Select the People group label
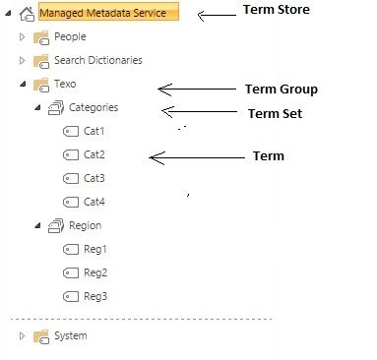[x=70, y=37]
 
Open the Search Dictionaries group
[x=97, y=61]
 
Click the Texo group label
[x=65, y=85]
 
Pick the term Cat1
[x=94, y=132]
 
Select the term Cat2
[x=94, y=155]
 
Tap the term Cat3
[x=94, y=179]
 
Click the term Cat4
[x=94, y=203]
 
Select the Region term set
[x=85, y=226]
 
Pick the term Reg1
[x=94, y=250]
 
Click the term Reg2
[x=94, y=273]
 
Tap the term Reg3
[x=94, y=297]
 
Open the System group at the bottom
[x=70, y=336]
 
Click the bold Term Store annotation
[x=276, y=10]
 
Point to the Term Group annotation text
[x=281, y=90]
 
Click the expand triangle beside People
[x=23, y=37]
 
